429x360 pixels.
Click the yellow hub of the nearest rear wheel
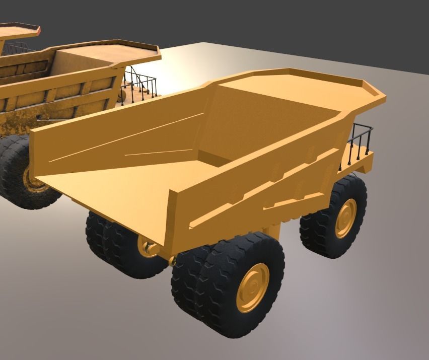pyautogui.click(x=252, y=287)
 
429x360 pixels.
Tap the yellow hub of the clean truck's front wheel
pyautogui.click(x=345, y=218)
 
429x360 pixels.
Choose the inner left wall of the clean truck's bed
pyautogui.click(x=126, y=136)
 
